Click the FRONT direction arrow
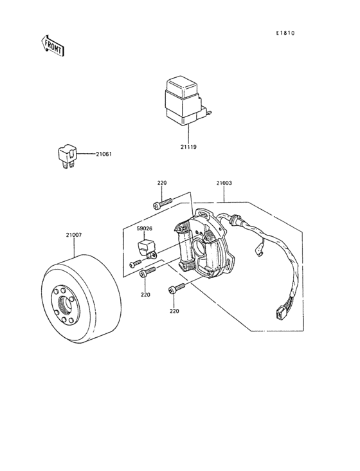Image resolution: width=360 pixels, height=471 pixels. pos(53,45)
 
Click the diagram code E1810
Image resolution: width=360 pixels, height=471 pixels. pos(285,33)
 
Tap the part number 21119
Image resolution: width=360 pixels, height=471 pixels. pos(188,147)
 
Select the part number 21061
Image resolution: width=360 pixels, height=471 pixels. pos(104,154)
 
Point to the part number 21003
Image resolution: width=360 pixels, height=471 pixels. pos(224,183)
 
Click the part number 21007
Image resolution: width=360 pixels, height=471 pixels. pos(74,235)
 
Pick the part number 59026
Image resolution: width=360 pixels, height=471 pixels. pos(145,228)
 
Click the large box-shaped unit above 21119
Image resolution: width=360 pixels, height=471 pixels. pos(185,100)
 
